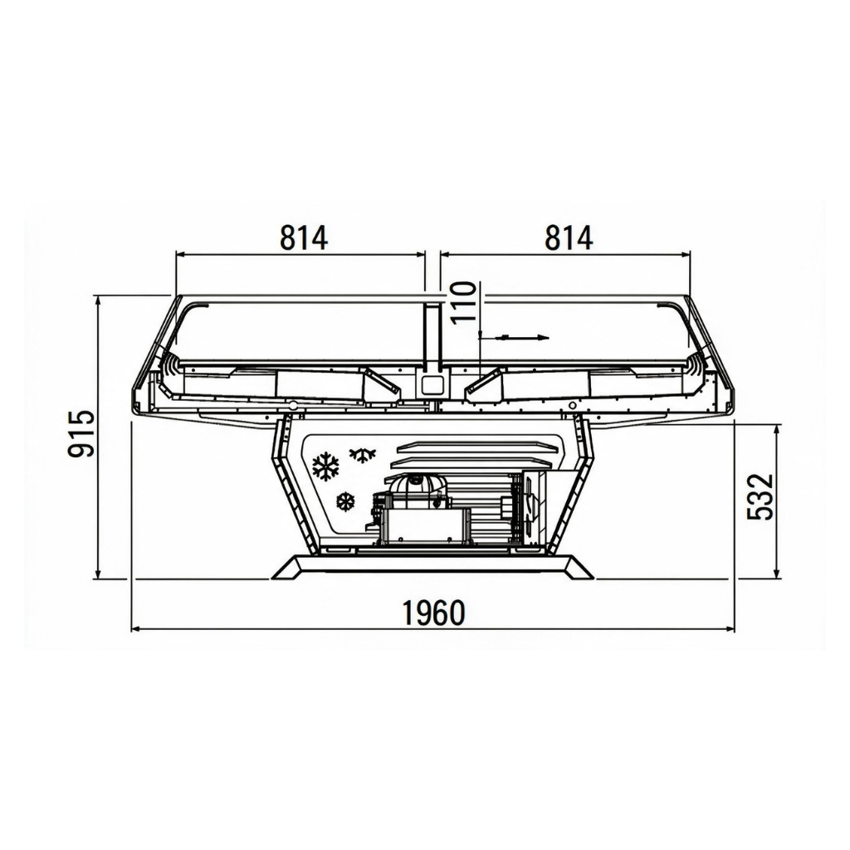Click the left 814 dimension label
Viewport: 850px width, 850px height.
[304, 238]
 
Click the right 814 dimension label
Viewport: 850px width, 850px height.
[569, 238]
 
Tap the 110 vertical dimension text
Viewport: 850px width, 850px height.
[463, 302]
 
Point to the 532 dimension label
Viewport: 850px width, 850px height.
[760, 496]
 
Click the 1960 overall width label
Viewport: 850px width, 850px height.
[433, 613]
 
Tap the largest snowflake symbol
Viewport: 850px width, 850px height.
[325, 467]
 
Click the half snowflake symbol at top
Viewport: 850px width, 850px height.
[363, 455]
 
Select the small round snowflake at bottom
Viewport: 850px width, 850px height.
[345, 501]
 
